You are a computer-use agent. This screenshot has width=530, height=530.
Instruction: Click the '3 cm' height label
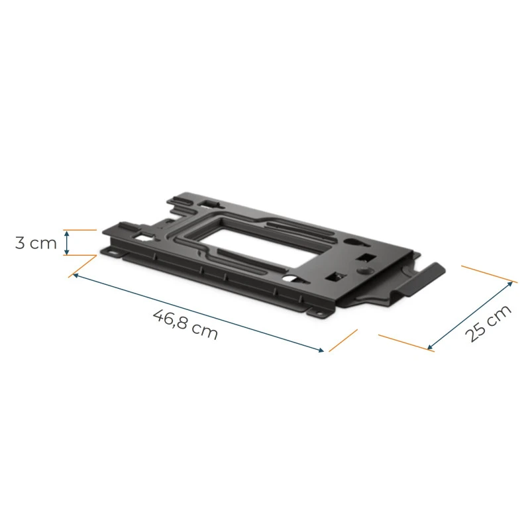36,242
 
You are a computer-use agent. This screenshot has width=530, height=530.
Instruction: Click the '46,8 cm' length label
185,323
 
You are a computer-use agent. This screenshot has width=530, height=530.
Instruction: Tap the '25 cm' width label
489,323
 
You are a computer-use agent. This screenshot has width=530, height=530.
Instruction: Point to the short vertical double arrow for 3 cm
66,242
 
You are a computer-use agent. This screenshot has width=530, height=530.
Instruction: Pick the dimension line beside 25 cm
470,315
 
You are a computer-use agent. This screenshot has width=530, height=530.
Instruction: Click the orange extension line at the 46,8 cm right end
343,341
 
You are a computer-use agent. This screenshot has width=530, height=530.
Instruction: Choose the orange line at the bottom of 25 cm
405,343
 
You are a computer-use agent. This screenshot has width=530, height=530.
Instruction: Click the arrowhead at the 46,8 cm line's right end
323,350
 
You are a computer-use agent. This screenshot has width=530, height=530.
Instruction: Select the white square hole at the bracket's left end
141,234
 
